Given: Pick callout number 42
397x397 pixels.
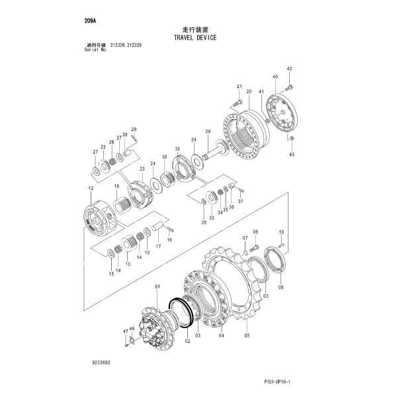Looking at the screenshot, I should coord(288,69).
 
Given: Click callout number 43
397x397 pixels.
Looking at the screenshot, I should coord(292,154).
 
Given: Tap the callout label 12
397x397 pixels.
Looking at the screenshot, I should coord(89,189).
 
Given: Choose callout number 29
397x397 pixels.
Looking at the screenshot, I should coord(133,128).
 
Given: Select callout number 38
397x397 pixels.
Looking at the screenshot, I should coord(207,132).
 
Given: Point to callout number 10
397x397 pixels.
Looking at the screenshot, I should coord(281,232).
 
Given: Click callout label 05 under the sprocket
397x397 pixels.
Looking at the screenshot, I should coord(247,337).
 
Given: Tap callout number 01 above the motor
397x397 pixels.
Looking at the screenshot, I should coord(157,286).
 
